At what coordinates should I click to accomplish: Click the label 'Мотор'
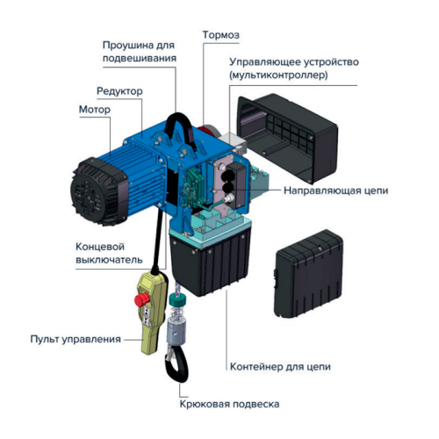(96, 110)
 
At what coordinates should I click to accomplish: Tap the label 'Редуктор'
(119, 91)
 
